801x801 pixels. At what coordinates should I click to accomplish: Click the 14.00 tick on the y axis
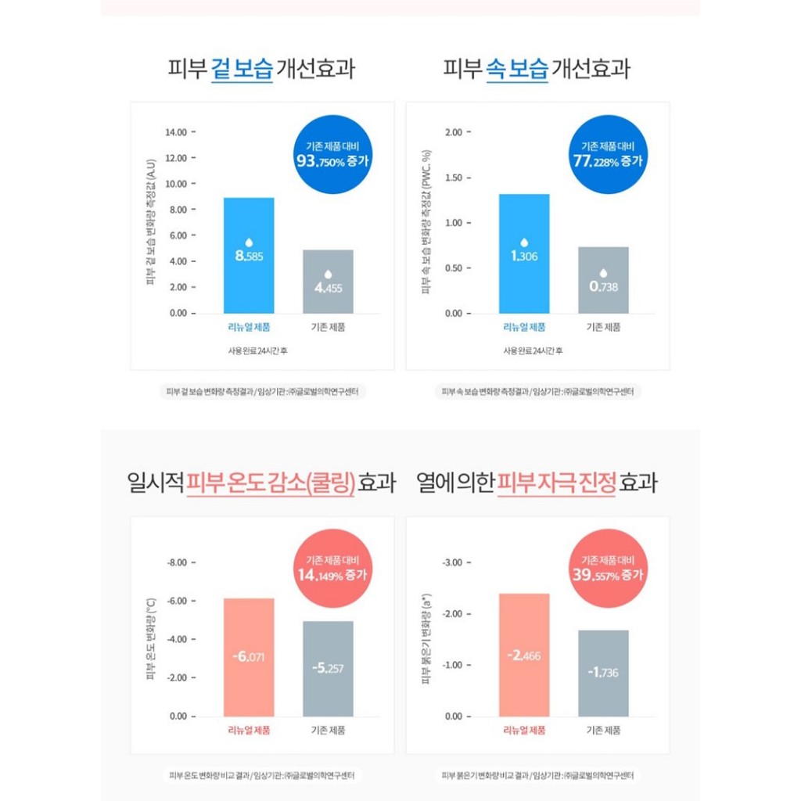pyautogui.click(x=175, y=132)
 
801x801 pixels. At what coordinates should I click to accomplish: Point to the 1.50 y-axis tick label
pyautogui.click(x=453, y=178)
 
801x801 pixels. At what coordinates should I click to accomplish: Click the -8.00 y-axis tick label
pyautogui.click(x=177, y=562)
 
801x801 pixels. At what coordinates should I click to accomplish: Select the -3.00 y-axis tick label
pyautogui.click(x=453, y=562)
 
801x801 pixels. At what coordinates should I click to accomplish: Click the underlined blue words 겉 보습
pyautogui.click(x=242, y=69)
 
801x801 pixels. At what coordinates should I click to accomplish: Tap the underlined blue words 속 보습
pyautogui.click(x=517, y=69)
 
